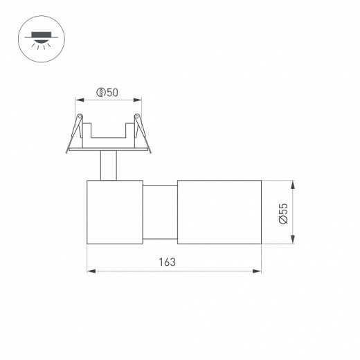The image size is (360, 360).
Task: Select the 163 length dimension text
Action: (x=167, y=262)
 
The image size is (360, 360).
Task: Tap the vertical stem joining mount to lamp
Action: (x=108, y=165)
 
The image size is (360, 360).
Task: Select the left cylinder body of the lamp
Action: (x=114, y=211)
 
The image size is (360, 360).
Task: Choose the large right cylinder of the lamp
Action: (x=218, y=211)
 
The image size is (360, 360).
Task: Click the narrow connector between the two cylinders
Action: (x=160, y=211)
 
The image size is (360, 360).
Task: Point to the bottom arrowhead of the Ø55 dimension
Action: (x=294, y=240)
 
